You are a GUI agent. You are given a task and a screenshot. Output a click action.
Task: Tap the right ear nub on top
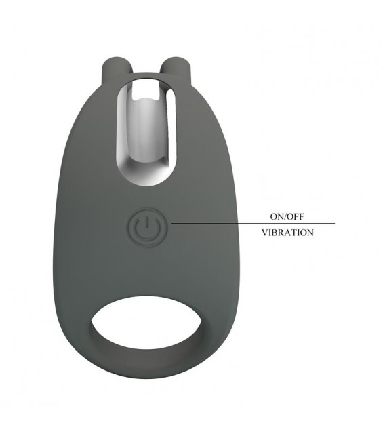[171, 68]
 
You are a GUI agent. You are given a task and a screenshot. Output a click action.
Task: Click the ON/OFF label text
[287, 216]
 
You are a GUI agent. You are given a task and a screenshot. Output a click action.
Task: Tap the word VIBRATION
[287, 233]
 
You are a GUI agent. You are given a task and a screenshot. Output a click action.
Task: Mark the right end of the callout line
[335, 224]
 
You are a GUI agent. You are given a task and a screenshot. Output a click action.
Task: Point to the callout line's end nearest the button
[172, 224]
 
